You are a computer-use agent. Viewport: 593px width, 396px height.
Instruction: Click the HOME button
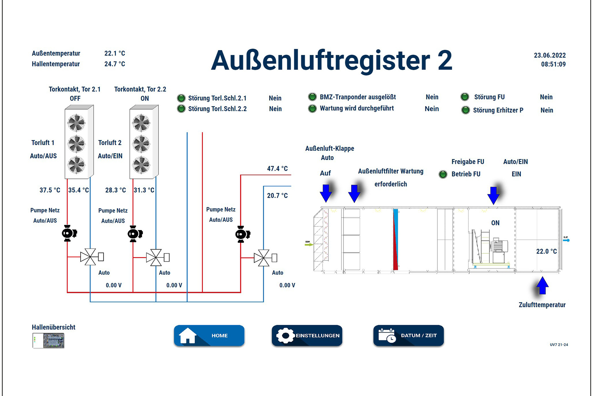[209, 335]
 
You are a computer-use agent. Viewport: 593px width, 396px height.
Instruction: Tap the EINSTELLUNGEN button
[307, 335]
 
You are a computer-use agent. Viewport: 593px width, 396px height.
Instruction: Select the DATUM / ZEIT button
[408, 335]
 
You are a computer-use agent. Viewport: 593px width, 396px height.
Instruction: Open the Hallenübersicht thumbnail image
[48, 341]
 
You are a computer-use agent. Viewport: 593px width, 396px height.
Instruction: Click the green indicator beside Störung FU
[465, 97]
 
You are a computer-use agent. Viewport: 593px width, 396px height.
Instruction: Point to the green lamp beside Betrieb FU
[443, 174]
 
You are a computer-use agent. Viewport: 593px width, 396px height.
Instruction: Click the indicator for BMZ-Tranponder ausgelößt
[312, 97]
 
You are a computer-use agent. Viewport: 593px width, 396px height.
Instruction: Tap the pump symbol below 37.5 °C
[69, 233]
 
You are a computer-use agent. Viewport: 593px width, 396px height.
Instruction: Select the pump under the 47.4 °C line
[242, 234]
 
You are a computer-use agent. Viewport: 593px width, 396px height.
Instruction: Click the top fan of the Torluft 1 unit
[76, 123]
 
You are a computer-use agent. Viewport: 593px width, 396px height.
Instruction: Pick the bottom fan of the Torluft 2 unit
[141, 165]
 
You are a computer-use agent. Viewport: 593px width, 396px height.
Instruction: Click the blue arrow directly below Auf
[326, 192]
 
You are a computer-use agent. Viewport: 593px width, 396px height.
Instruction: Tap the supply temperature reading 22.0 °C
[546, 251]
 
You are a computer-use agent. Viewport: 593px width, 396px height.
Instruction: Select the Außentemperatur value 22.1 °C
[115, 53]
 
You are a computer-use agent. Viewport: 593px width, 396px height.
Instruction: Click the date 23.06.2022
[549, 55]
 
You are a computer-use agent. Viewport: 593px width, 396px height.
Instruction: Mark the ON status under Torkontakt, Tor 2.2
[145, 98]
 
